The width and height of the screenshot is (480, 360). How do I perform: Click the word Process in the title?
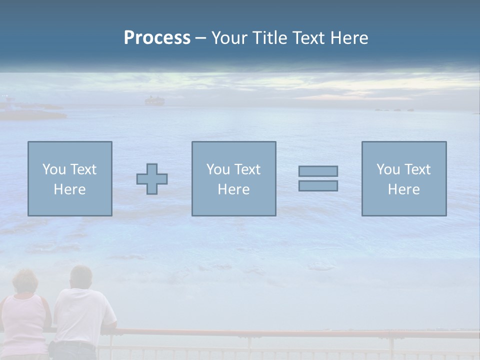157,38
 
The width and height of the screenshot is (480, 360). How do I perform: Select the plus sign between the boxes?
152,178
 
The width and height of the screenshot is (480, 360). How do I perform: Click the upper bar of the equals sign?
318,171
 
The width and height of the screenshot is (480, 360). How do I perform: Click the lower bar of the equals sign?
318,185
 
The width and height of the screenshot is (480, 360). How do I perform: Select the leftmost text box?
69,178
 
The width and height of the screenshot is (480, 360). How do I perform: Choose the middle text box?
233,178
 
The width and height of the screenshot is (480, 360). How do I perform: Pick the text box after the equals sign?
403,178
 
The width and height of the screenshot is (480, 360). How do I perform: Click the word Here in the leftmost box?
69,189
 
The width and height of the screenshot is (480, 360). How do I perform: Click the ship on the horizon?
154,101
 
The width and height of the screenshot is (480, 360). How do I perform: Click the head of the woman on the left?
25,282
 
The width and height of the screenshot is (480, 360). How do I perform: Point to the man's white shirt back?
82,315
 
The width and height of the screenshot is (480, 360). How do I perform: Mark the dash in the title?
200,38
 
